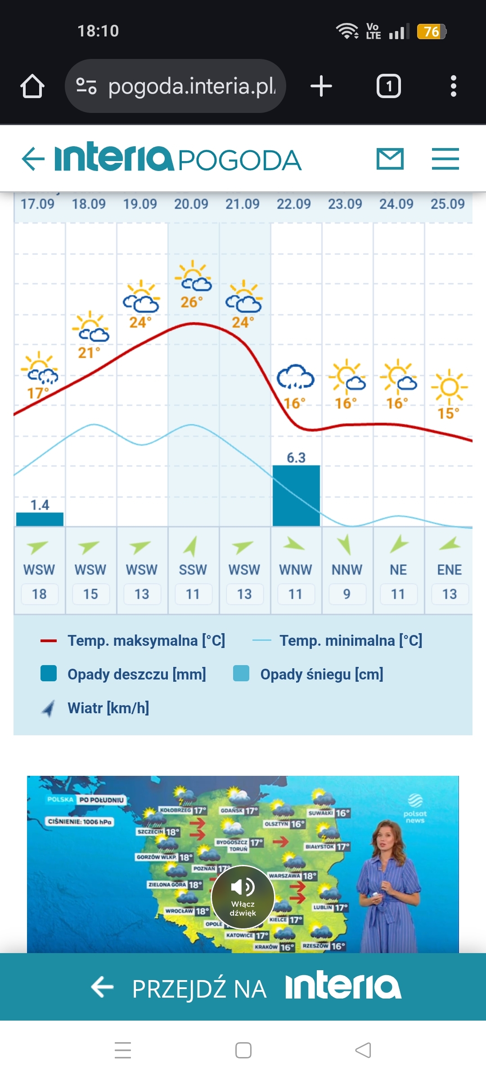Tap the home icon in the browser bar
coord(32,86)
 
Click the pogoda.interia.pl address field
coord(175,86)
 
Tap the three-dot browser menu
coord(453,86)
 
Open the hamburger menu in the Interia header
coord(445,159)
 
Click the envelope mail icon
coord(390,159)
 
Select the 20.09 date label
coord(191,204)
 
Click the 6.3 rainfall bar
coord(296,495)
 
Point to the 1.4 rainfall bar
coord(40,519)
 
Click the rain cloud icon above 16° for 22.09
coord(295,377)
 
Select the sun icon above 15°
coord(449,387)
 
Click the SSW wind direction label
coord(193,570)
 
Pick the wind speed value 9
coord(346,594)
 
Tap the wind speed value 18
coord(39,594)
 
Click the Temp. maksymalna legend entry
coord(146,640)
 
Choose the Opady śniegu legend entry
coord(321,674)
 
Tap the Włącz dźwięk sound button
coord(243,897)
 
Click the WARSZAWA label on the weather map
coord(284,876)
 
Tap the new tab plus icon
coord(321,86)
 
